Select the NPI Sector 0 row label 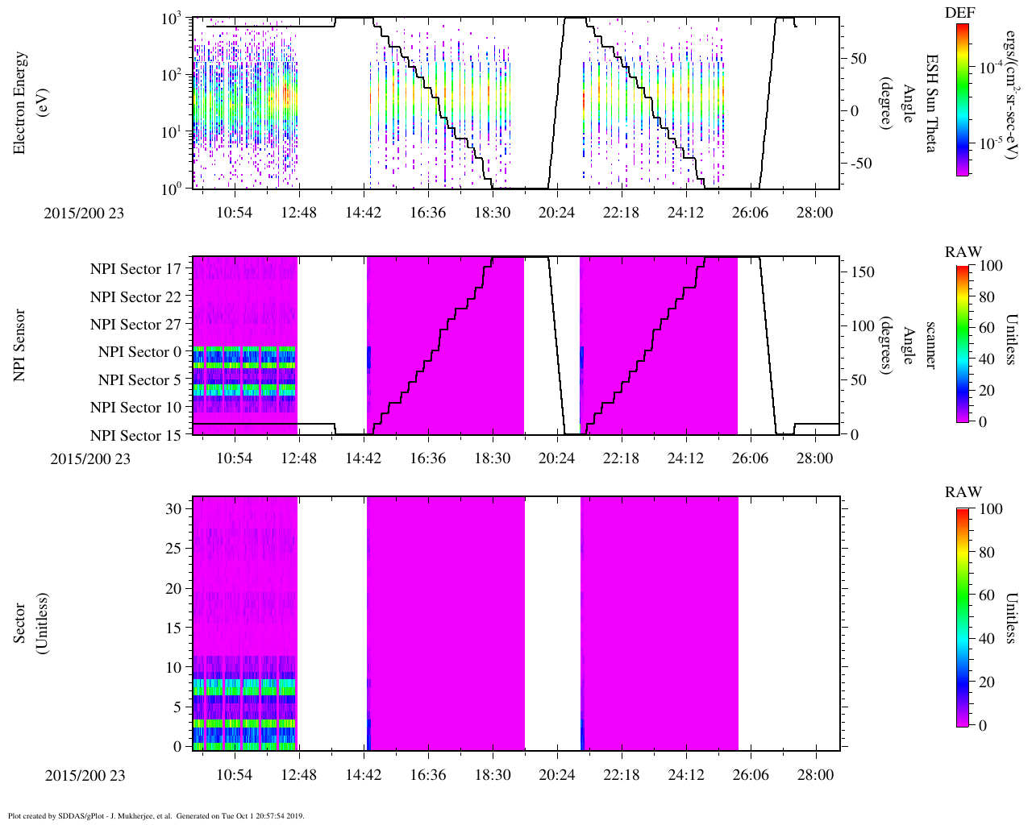click(x=139, y=352)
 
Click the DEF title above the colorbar click(x=959, y=13)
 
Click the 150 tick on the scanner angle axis click(x=863, y=272)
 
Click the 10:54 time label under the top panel click(x=235, y=212)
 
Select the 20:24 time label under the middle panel click(x=557, y=458)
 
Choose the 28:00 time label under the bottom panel click(x=815, y=775)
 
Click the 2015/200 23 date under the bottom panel click(x=85, y=776)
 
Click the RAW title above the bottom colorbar click(x=963, y=492)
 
